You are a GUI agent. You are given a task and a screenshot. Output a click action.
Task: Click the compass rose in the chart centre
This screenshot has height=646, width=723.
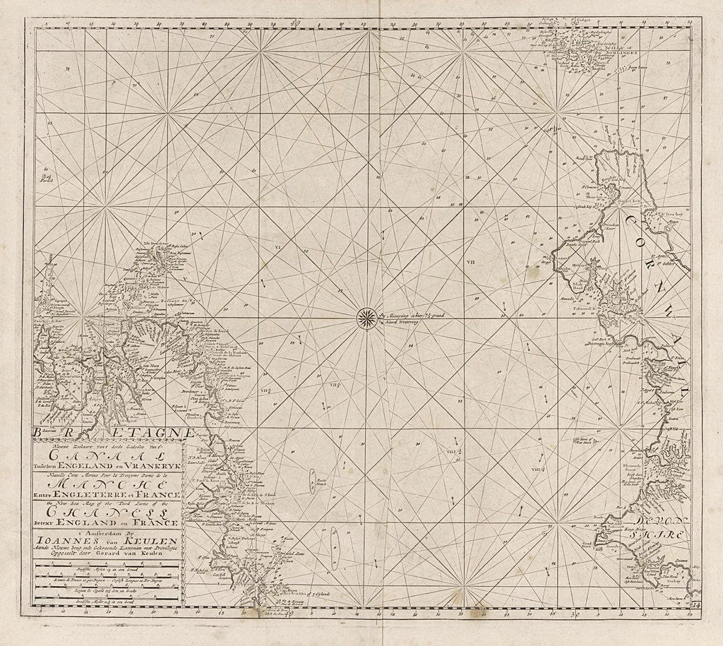point(366,317)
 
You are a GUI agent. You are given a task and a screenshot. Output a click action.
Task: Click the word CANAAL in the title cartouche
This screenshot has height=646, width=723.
point(107,455)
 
